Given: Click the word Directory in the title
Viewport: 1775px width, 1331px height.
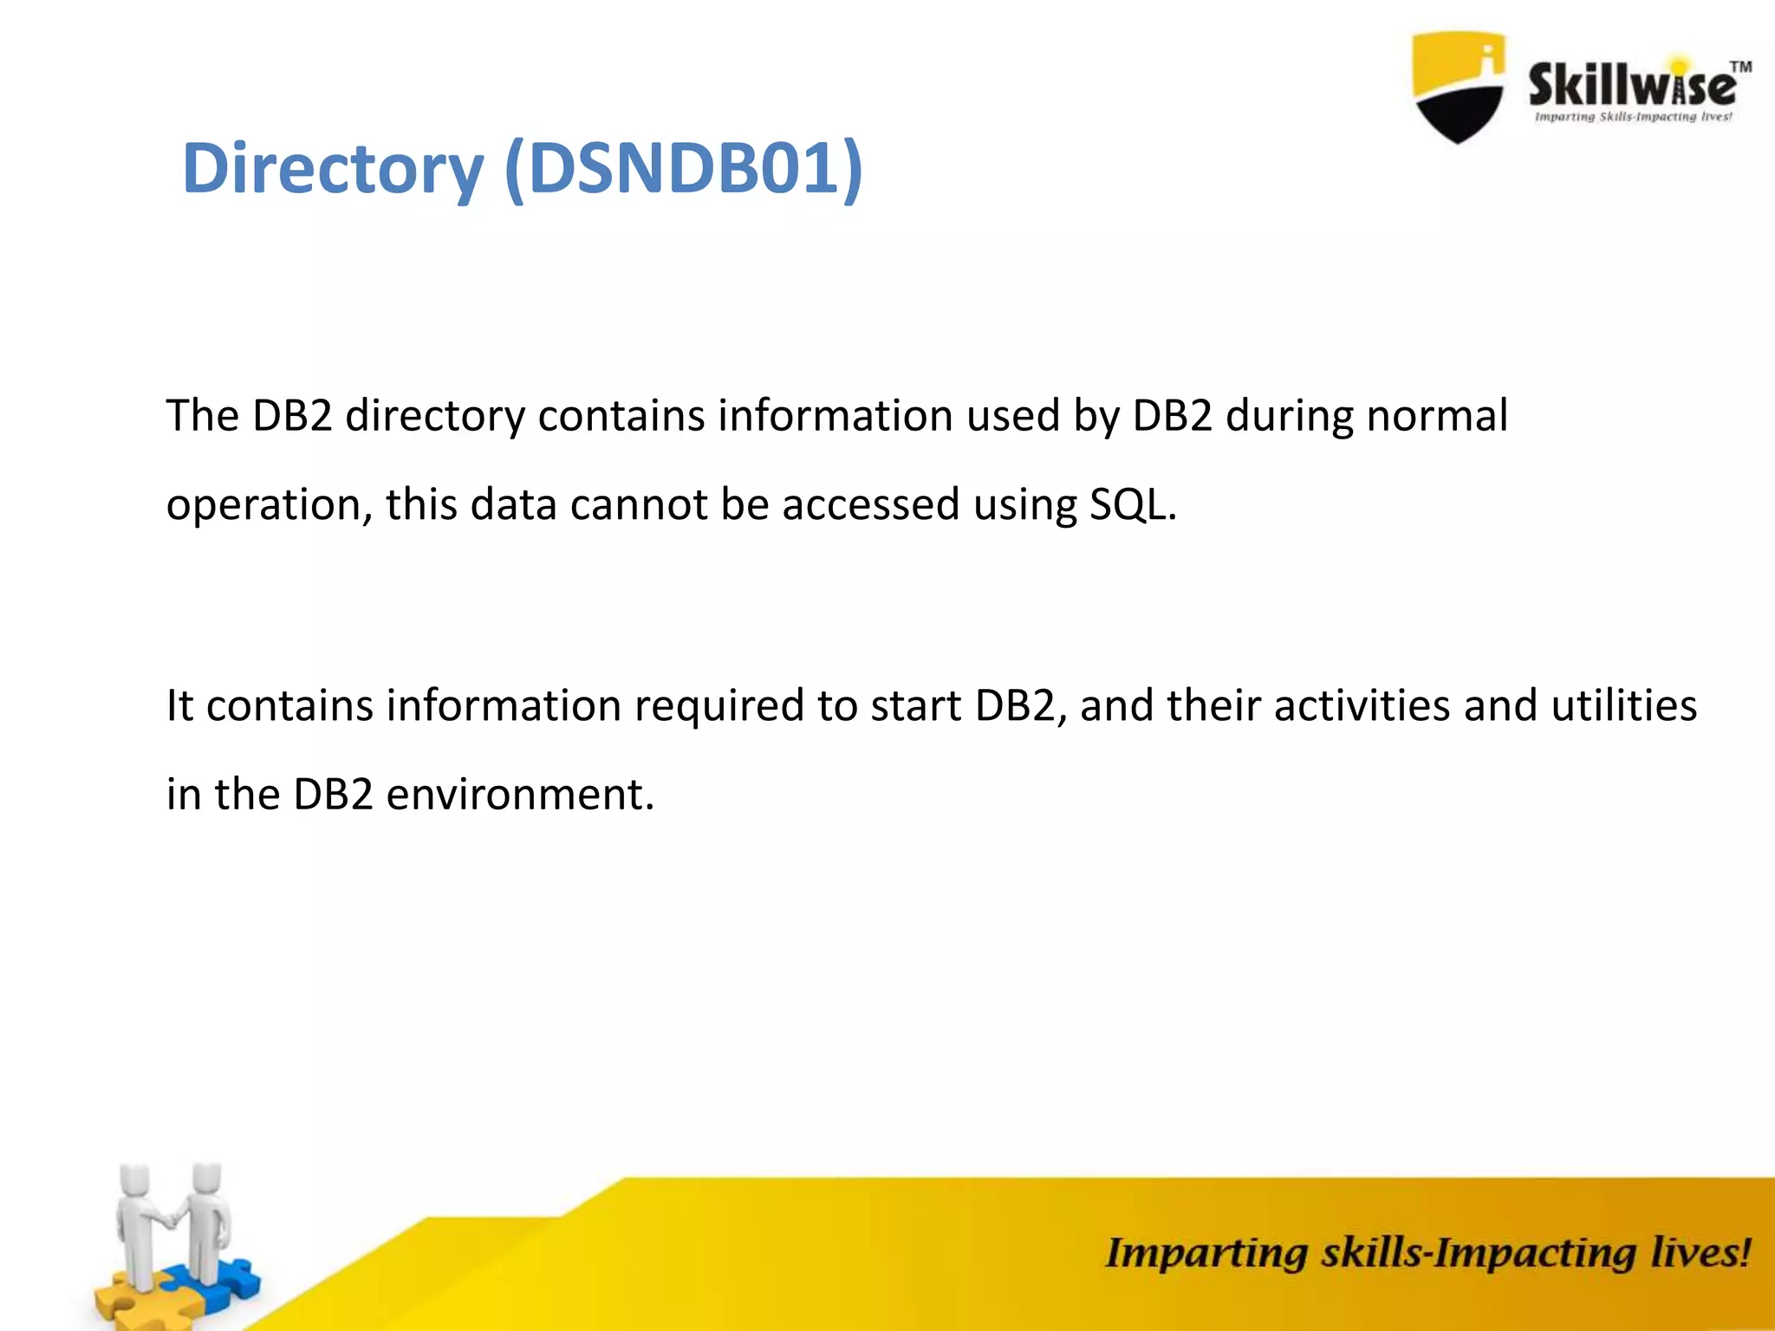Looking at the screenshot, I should pyautogui.click(x=333, y=168).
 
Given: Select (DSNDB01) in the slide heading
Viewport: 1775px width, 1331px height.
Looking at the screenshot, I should pyautogui.click(x=684, y=168).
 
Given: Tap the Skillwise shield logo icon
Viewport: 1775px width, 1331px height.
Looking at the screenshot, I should pyautogui.click(x=1458, y=87).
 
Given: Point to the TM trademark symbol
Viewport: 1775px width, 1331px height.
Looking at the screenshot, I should pyautogui.click(x=1740, y=67).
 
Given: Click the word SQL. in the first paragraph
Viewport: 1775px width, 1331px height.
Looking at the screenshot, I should pyautogui.click(x=1133, y=504).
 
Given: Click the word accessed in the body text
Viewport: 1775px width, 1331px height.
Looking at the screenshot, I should pyautogui.click(x=870, y=504).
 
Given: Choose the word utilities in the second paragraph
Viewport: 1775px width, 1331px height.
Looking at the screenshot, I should pyautogui.click(x=1623, y=705).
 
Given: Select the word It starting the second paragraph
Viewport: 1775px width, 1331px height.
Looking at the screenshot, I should pyautogui.click(x=179, y=705).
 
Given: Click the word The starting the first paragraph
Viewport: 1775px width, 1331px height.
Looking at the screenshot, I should pyautogui.click(x=202, y=416).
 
